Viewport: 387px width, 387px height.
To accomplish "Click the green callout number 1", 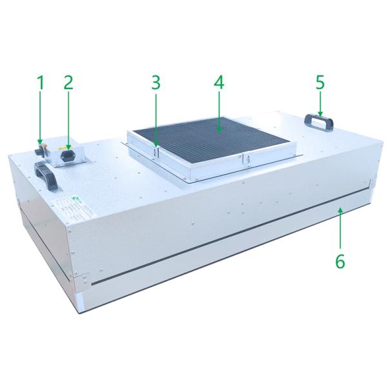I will coord(40,82).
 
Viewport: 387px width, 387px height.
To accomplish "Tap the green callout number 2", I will coord(68,82).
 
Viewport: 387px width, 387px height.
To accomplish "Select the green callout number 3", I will coord(155,82).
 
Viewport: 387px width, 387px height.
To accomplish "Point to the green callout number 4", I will coord(219,82).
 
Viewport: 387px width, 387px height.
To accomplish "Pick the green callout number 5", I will coord(321,82).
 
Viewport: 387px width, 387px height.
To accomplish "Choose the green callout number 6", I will coord(341,262).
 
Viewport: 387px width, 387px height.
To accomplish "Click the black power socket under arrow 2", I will coord(66,154).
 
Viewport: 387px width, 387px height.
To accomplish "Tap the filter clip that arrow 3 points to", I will coord(155,152).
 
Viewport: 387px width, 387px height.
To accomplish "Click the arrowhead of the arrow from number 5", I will coord(321,116).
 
